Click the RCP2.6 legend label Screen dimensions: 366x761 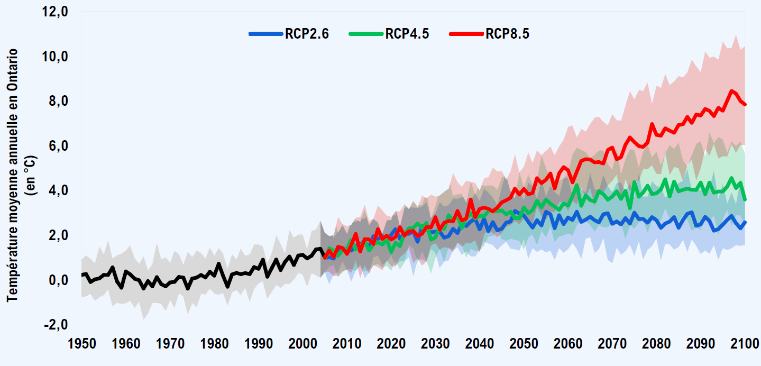click(x=307, y=34)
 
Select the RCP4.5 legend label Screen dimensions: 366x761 click(x=407, y=34)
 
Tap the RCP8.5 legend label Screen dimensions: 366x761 click(x=507, y=34)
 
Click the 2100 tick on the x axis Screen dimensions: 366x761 click(x=745, y=344)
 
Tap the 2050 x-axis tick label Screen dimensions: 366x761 click(x=524, y=344)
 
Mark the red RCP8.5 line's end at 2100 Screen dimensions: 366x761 click(x=745, y=104)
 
